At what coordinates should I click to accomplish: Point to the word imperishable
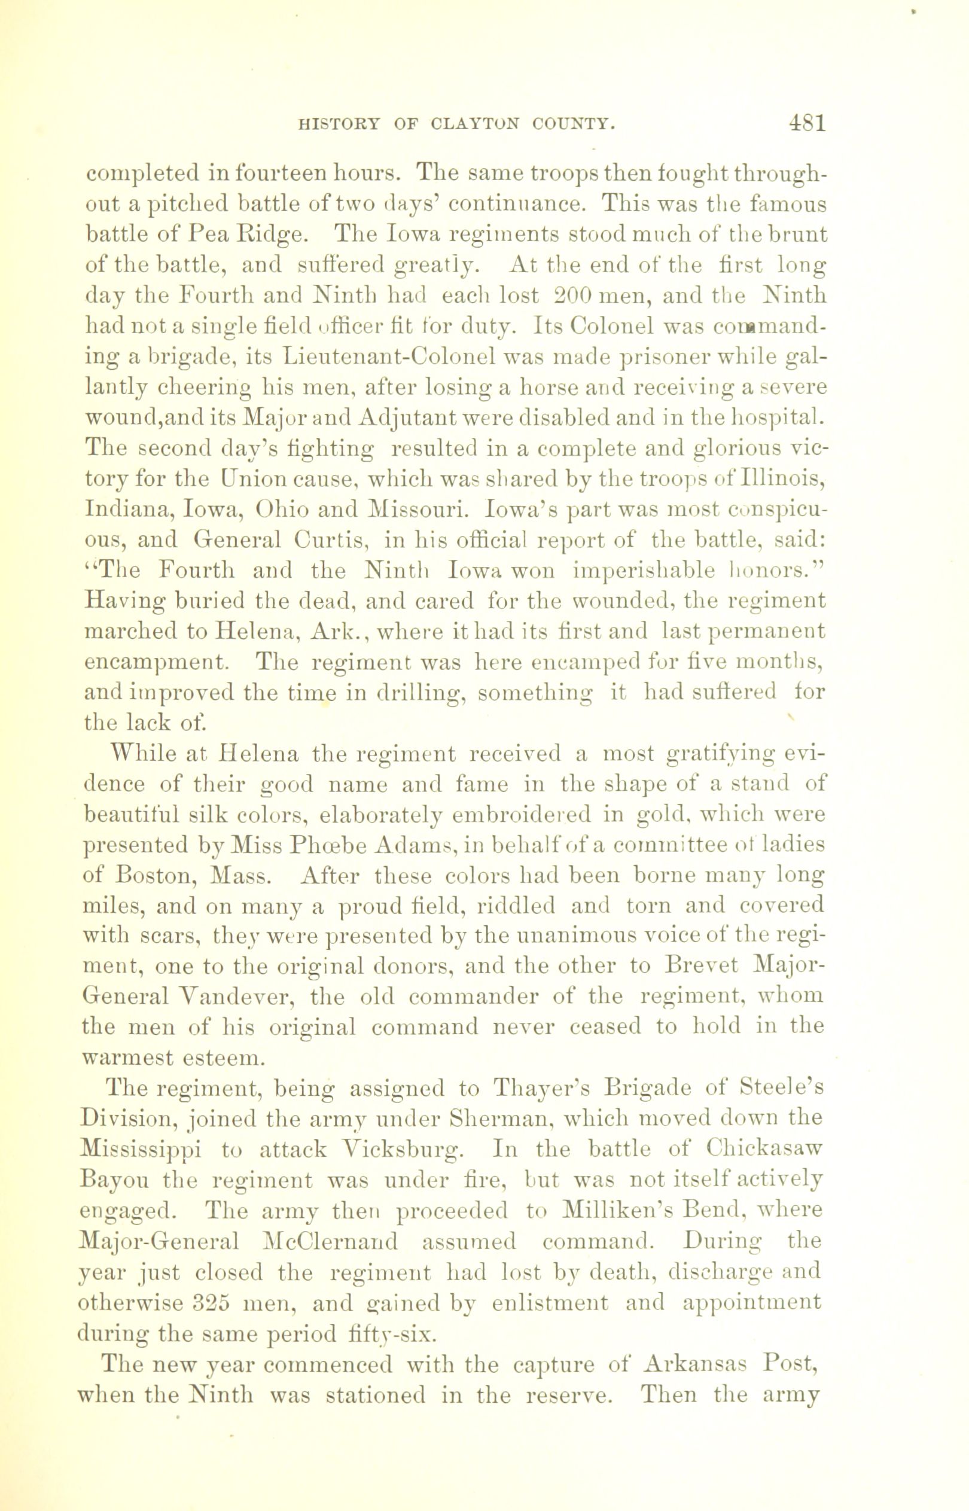tap(644, 571)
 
